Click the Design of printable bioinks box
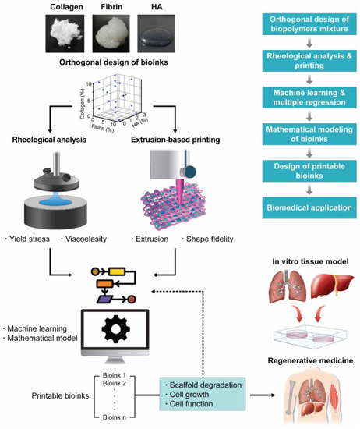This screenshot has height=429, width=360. [305, 173]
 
